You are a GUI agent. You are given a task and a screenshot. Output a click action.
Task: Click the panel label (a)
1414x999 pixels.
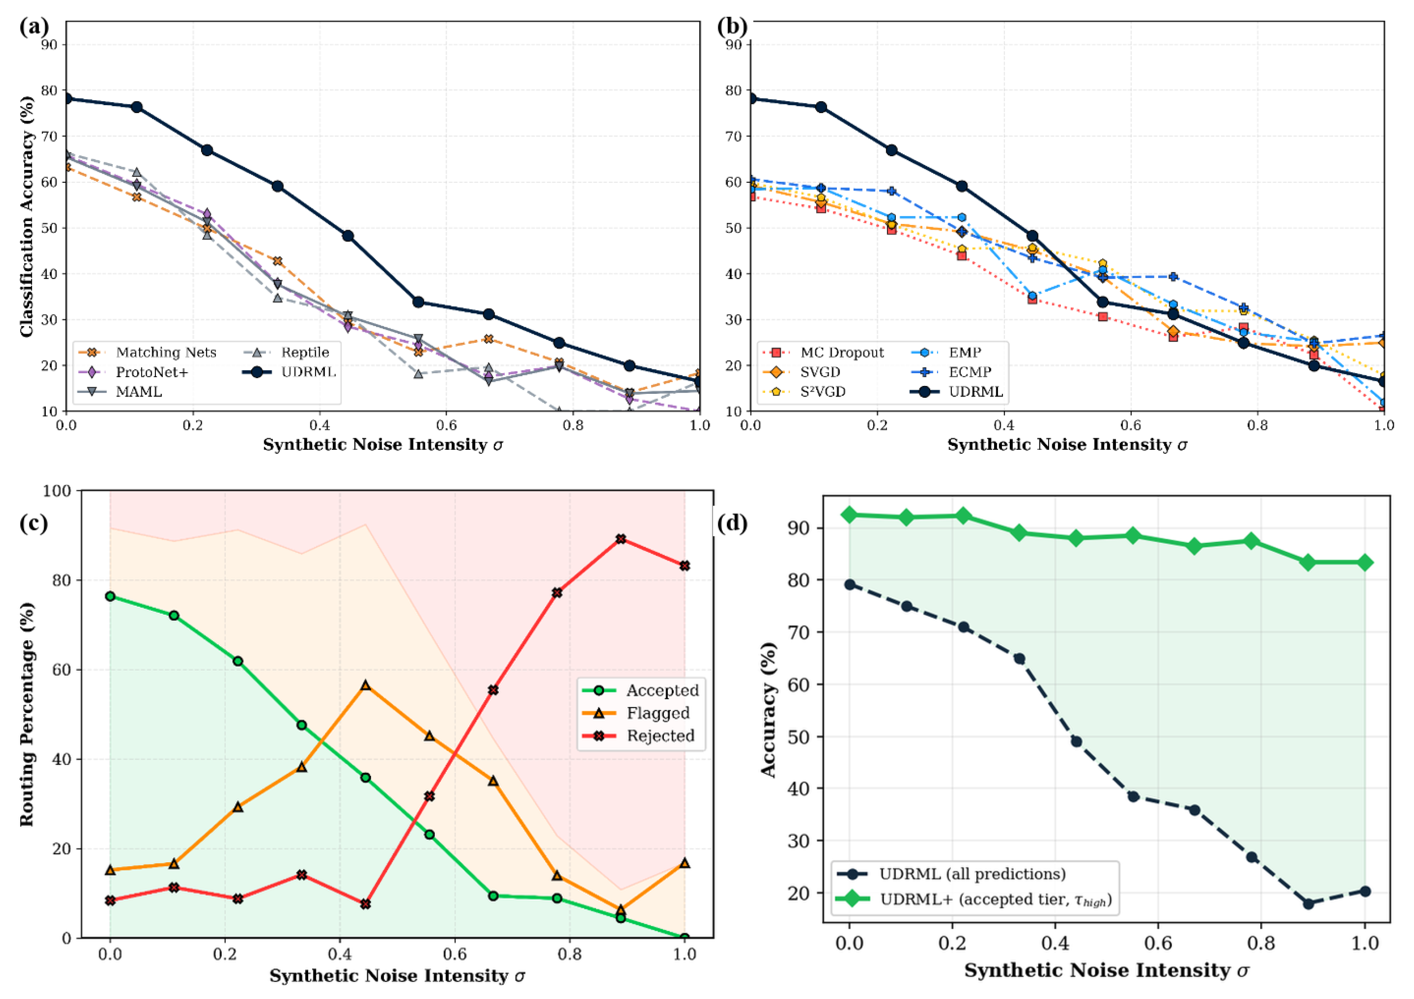[x=33, y=27]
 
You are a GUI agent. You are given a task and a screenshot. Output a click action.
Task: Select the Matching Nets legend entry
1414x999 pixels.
[x=148, y=353]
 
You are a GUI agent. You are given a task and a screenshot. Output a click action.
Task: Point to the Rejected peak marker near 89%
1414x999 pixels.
[x=621, y=539]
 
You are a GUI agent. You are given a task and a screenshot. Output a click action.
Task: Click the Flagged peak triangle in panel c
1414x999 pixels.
[x=365, y=685]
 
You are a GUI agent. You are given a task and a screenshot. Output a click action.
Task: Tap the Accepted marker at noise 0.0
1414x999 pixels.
[x=110, y=596]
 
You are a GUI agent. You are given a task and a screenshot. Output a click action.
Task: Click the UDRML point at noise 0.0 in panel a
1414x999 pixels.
[x=66, y=99]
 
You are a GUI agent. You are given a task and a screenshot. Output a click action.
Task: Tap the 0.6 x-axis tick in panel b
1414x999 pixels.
[x=1130, y=425]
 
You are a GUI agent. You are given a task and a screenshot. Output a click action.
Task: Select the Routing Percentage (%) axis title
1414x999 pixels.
[x=27, y=714]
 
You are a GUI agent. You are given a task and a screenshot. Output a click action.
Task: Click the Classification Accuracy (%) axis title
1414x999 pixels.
[x=27, y=216]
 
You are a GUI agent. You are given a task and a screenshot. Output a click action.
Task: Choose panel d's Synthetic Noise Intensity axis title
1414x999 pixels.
[x=1107, y=971]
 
